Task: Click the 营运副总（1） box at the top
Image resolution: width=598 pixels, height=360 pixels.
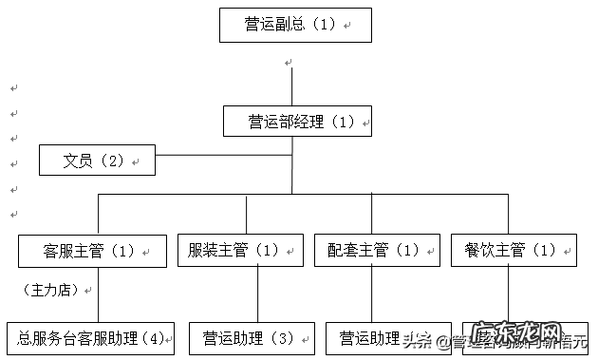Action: click(294, 25)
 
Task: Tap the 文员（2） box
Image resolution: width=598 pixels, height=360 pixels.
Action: click(97, 161)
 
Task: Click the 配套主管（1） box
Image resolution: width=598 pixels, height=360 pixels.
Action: click(377, 251)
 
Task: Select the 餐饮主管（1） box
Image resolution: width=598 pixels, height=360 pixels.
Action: click(512, 251)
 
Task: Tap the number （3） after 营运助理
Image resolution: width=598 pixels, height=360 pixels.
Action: click(282, 338)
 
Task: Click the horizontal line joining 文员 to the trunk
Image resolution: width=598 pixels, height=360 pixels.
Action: click(223, 153)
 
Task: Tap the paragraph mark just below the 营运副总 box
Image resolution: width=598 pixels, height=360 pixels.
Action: click(289, 63)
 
